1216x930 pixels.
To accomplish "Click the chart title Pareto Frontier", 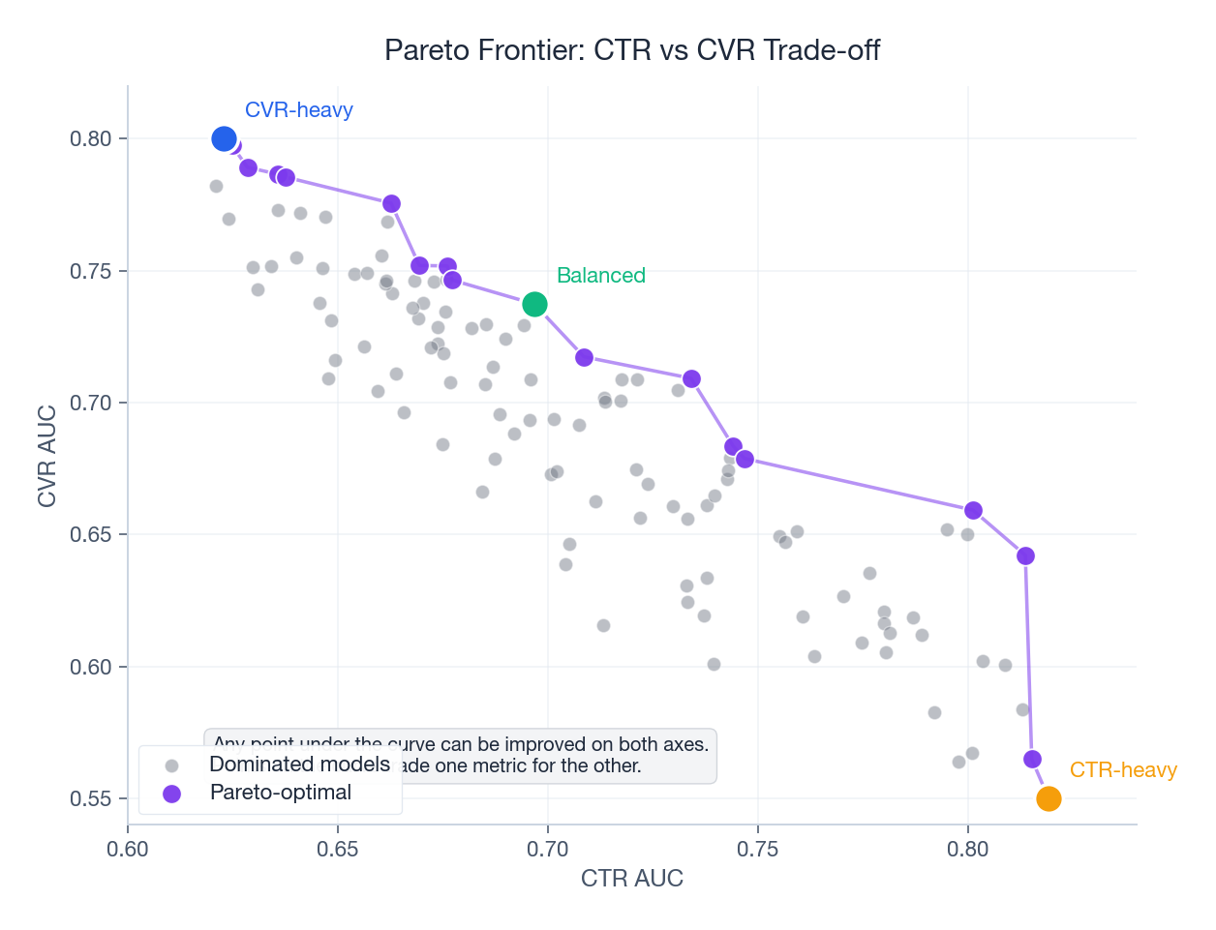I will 631,50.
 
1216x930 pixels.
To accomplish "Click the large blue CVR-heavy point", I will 224,139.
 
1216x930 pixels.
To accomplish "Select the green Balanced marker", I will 534,305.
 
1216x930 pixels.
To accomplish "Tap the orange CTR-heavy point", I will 1049,798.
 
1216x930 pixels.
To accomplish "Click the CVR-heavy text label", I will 298,110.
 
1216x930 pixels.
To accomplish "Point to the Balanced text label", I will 600,276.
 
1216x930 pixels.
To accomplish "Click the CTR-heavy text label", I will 1122,770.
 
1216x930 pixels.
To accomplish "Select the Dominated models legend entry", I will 299,765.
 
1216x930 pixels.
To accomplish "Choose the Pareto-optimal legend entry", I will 280,793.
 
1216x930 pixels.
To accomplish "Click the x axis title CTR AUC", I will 631,879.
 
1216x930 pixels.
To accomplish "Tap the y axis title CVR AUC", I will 46,456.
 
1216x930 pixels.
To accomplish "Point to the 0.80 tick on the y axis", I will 91,139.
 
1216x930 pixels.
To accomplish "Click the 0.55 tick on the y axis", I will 91,799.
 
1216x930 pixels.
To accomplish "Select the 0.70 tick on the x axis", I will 547,850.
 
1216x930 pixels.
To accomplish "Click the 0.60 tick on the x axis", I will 128,850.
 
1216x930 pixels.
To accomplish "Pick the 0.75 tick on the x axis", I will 757,850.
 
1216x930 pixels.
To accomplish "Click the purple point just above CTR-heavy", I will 1032,760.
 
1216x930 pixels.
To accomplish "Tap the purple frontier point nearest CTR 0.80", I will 973,510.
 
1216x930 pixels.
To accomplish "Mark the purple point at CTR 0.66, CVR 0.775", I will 391,204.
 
